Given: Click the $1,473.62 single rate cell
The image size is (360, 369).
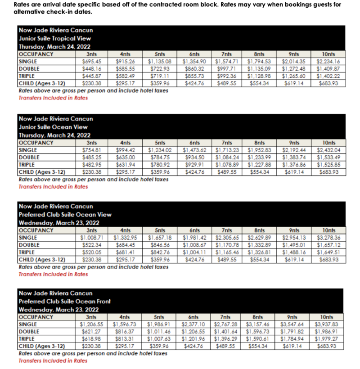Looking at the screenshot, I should point(194,150).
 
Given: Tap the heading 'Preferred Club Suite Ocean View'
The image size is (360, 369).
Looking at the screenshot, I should point(65,215).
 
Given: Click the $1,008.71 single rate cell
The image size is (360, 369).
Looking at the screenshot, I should point(91,238).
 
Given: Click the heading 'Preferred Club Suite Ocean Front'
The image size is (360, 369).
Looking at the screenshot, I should point(64,301).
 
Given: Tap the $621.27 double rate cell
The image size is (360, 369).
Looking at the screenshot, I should point(92,332).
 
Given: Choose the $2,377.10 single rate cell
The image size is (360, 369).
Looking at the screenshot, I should point(193,324).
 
